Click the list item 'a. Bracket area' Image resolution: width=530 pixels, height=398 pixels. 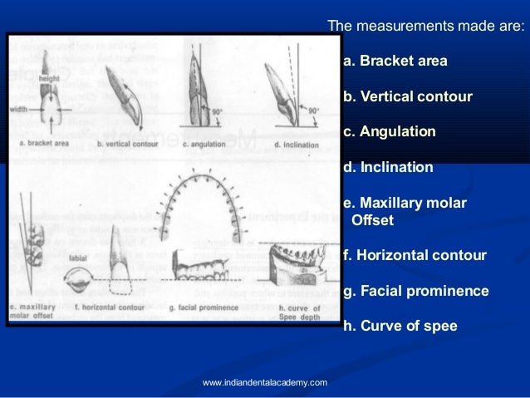[395, 61]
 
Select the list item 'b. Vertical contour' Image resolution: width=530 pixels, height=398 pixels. [407, 97]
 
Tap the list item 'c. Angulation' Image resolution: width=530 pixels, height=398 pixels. [389, 132]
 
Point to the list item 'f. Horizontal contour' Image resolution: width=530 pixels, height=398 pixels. [414, 255]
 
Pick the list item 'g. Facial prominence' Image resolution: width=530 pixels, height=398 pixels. [415, 291]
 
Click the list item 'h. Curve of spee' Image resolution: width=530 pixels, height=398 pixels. [400, 327]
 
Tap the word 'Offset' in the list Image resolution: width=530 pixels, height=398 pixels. [373, 220]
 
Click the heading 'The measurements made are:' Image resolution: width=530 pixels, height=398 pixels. [426, 27]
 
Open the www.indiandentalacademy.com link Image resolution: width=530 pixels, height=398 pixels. [265, 382]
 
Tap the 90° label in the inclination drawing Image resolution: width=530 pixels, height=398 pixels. [313, 109]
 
